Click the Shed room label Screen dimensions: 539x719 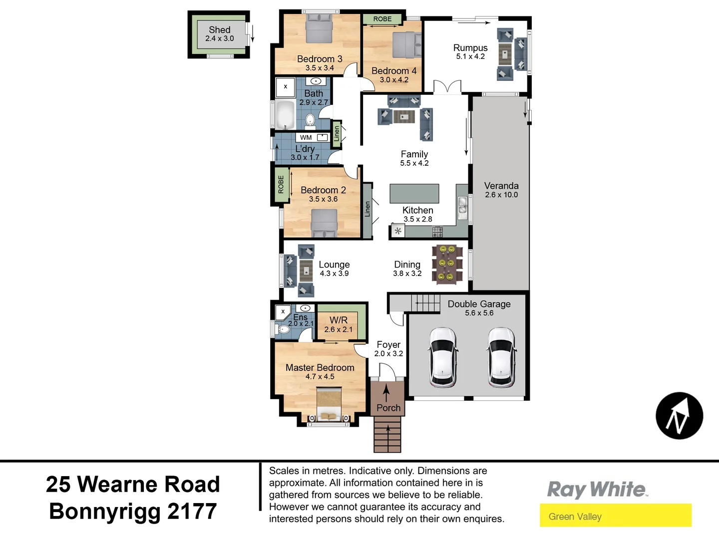pyautogui.click(x=220, y=30)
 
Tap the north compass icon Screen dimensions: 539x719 pyautogui.click(x=679, y=416)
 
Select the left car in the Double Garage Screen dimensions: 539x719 pyautogui.click(x=443, y=357)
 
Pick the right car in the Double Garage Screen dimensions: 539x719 pyautogui.click(x=502, y=357)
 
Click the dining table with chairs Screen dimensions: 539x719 pyautogui.click(x=447, y=264)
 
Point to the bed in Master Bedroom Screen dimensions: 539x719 pyautogui.click(x=329, y=404)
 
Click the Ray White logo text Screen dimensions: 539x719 pyautogui.click(x=597, y=490)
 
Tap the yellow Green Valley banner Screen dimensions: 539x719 pyautogui.click(x=615, y=516)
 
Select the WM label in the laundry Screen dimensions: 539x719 pyautogui.click(x=306, y=138)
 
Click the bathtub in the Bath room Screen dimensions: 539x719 pyautogui.click(x=285, y=115)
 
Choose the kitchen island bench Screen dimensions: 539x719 pyautogui.click(x=414, y=194)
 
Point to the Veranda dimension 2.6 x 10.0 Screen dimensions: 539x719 pyautogui.click(x=501, y=195)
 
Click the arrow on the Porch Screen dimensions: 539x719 pyautogui.click(x=386, y=393)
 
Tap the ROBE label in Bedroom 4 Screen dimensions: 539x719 pyautogui.click(x=382, y=19)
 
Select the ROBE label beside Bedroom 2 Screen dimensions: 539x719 pyautogui.click(x=281, y=185)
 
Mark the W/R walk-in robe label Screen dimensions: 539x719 pyautogui.click(x=339, y=320)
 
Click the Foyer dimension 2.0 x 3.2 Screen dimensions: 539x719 pyautogui.click(x=388, y=354)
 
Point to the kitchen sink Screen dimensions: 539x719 pyautogui.click(x=463, y=206)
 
